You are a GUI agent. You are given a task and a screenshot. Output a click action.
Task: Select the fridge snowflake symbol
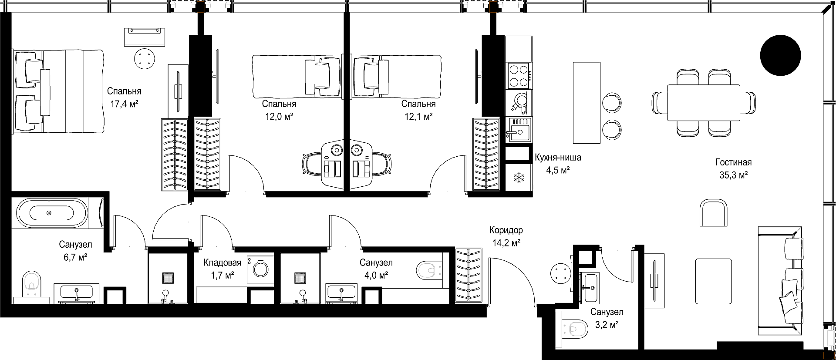(519, 177)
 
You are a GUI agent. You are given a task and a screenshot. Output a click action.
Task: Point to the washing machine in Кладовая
(260, 269)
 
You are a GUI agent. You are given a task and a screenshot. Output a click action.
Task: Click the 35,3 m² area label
(734, 175)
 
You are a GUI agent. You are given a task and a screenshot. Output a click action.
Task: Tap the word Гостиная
(734, 162)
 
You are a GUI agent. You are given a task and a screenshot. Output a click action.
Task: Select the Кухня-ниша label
(558, 158)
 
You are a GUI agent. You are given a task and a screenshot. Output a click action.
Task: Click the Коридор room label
(506, 230)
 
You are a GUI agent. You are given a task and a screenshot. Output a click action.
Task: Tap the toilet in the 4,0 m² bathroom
(429, 270)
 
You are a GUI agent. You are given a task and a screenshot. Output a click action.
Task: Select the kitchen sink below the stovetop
(519, 129)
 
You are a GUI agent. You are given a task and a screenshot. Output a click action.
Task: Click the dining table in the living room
(704, 103)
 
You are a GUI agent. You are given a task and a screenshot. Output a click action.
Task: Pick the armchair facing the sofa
(713, 212)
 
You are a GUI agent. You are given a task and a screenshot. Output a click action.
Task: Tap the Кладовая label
(222, 262)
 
